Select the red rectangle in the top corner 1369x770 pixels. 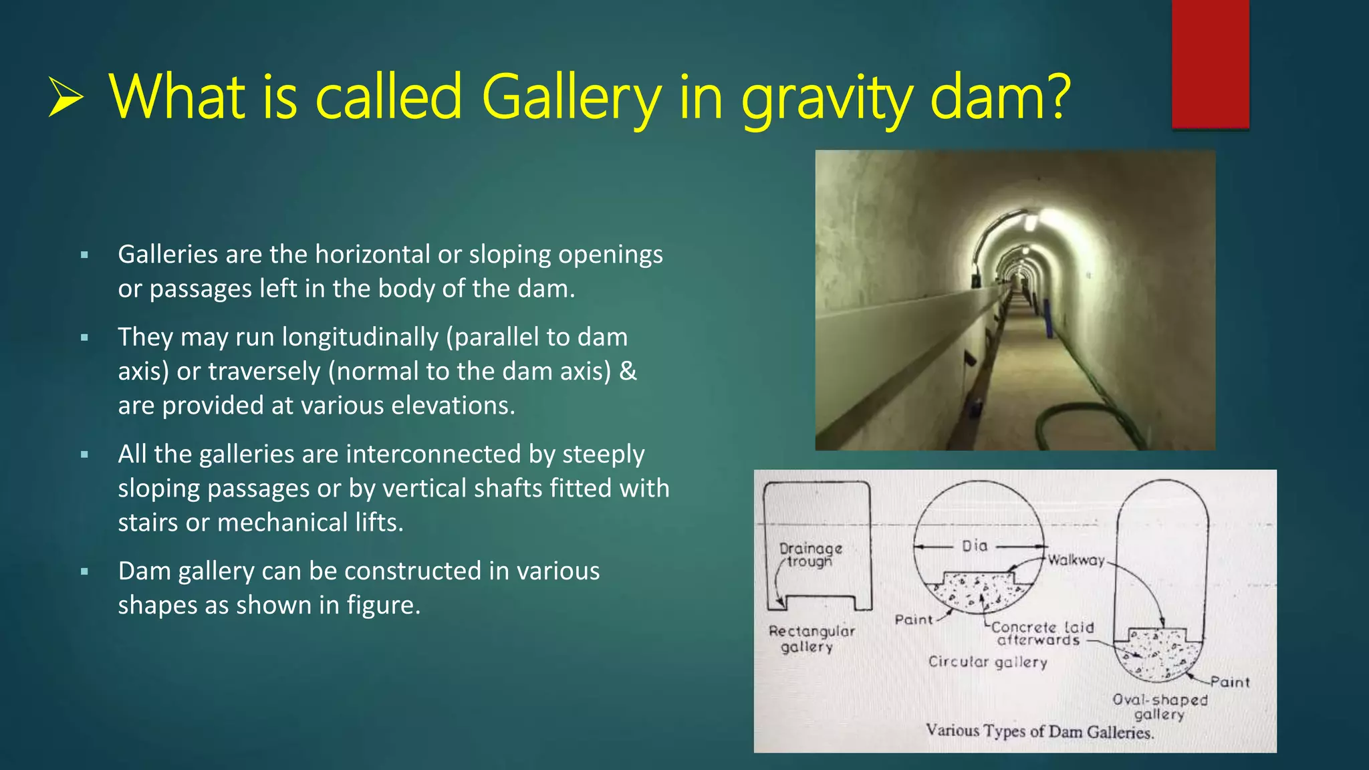coord(1210,63)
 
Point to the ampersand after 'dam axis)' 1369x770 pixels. coord(628,371)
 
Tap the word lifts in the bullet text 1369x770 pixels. coord(379,523)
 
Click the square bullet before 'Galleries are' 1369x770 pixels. coord(84,255)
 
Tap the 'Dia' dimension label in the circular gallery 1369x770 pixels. coord(975,546)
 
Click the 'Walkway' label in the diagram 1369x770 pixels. coord(1076,560)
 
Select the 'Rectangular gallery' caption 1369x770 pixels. coord(811,639)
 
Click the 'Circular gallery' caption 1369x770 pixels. coord(987,662)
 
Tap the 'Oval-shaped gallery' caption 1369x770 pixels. coord(1160,707)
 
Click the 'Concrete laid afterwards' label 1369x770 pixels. coord(1041,634)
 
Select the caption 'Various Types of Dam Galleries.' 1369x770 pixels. coord(1039,731)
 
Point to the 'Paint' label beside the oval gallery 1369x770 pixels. coord(1230,682)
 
